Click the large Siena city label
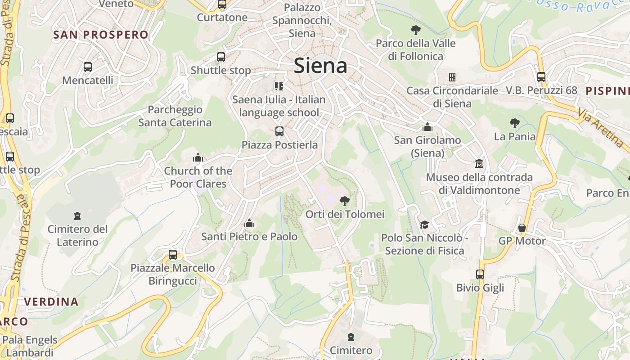(320, 66)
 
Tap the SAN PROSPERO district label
(101, 35)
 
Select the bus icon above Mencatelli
(88, 67)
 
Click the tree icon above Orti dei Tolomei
(345, 201)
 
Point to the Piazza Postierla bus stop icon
(279, 131)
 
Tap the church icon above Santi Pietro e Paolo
(249, 223)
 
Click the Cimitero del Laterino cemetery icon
(78, 216)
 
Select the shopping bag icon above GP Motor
(522, 228)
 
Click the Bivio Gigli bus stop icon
(480, 274)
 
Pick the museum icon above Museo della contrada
(479, 164)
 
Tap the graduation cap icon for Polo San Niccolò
(424, 224)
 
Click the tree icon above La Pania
(515, 123)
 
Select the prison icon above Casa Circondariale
(452, 77)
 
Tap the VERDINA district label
(51, 301)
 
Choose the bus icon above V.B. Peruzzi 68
(541, 76)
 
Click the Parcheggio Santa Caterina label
(175, 116)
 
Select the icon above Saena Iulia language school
(279, 86)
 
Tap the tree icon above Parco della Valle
(416, 30)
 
